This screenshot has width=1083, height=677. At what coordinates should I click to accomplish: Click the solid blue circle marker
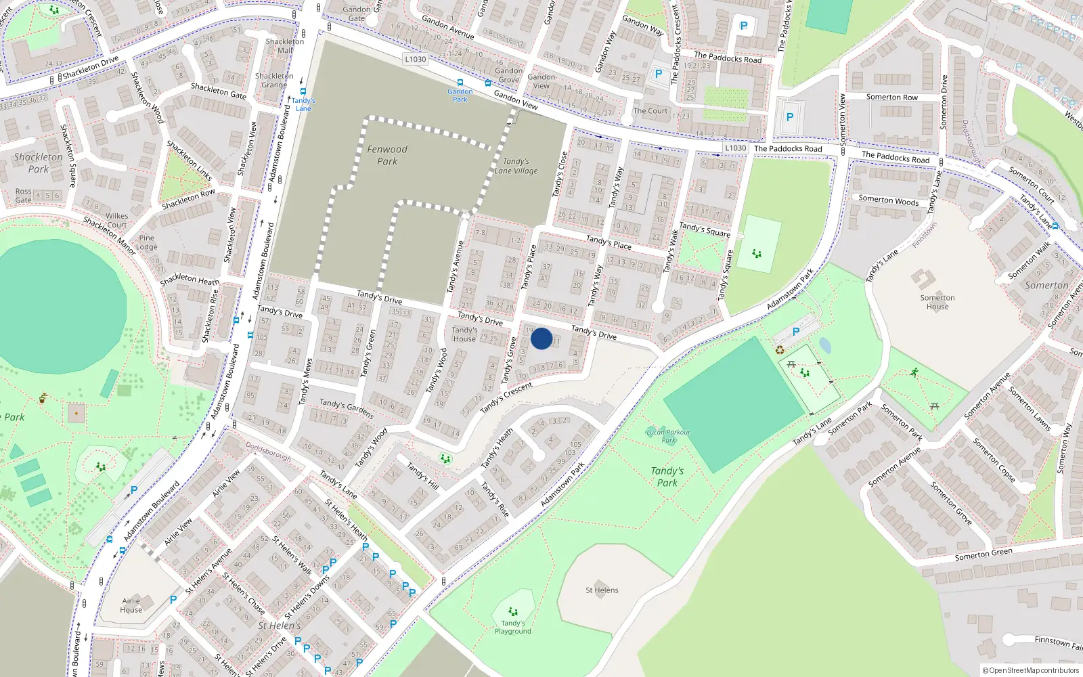point(541,338)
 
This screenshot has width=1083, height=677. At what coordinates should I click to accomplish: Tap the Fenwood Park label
point(387,155)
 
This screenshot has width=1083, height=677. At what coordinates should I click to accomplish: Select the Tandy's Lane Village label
point(516,167)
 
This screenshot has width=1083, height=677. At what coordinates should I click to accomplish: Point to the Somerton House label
point(937,302)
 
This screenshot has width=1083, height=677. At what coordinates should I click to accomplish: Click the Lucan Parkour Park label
point(668,436)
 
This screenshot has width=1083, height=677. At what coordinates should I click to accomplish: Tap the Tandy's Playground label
point(512,628)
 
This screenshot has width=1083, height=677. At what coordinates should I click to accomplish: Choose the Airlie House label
point(131,605)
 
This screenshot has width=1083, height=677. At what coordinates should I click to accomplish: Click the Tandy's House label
point(464,334)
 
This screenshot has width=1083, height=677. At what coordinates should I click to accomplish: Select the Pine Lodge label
point(147,242)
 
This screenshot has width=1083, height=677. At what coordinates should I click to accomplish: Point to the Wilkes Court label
point(116,221)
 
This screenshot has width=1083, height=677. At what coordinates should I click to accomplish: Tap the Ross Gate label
point(24,196)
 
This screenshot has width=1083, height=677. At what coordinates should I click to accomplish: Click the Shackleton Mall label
point(285,45)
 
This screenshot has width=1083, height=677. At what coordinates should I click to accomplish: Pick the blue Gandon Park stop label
point(460,95)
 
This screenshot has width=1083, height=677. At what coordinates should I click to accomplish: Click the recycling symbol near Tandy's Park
point(780,350)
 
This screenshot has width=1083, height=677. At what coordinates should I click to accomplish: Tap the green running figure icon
point(914,372)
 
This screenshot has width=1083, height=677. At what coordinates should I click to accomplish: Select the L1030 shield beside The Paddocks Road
point(735,148)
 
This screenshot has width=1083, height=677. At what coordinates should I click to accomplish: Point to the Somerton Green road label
point(983,554)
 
